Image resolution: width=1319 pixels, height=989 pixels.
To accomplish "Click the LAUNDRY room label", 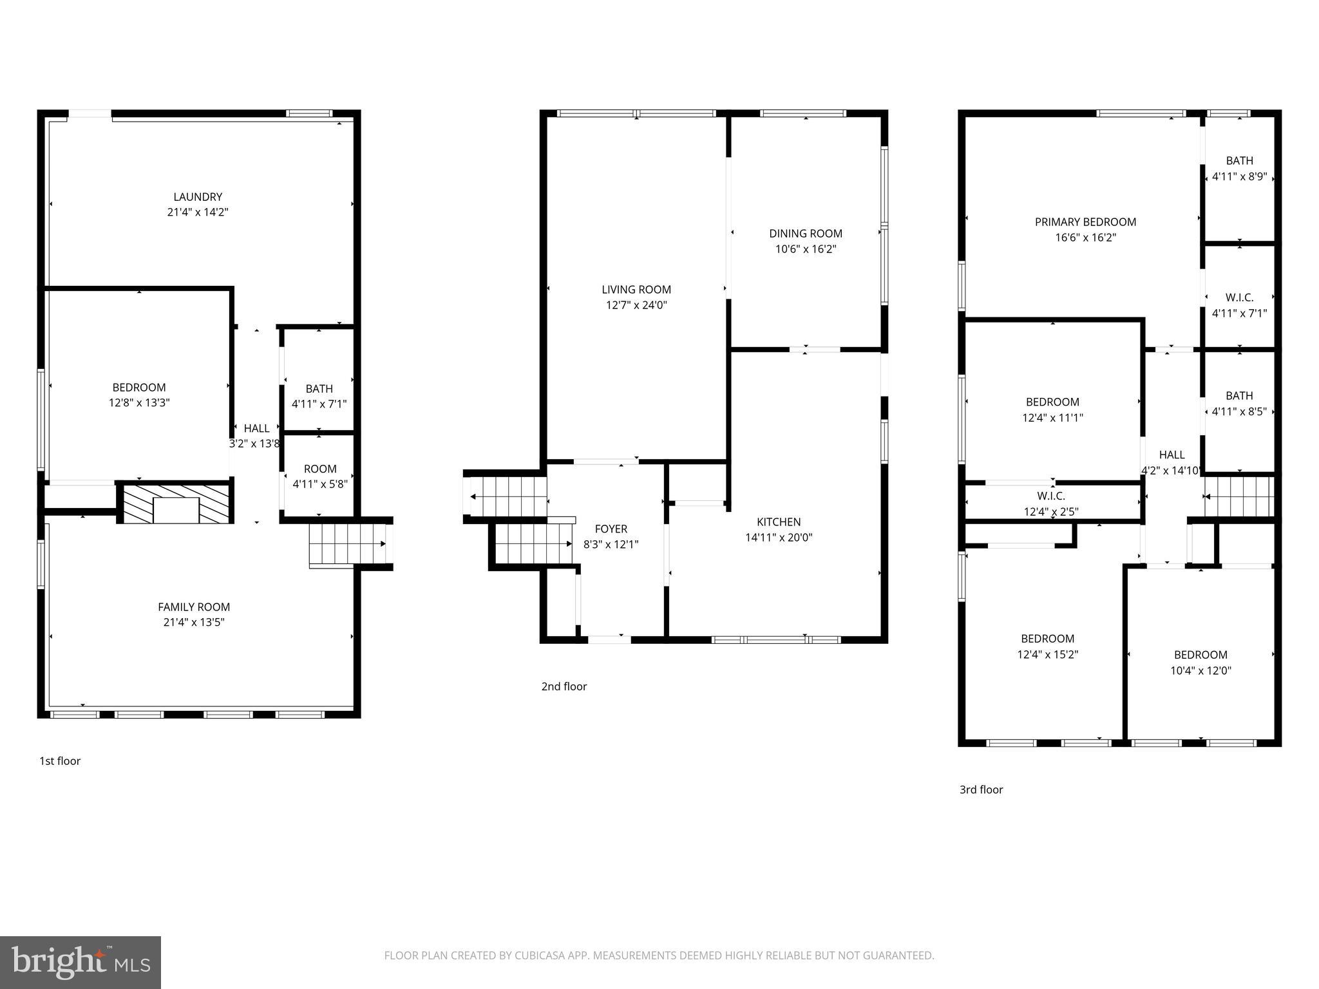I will click(198, 197).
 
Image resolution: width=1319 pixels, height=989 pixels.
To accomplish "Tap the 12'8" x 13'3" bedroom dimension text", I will click(139, 403).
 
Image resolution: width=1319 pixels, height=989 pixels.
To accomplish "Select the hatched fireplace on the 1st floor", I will click(175, 503).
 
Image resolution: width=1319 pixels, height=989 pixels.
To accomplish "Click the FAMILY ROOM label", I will click(194, 607).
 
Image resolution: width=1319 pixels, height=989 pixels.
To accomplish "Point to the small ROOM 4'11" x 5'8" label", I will click(319, 469).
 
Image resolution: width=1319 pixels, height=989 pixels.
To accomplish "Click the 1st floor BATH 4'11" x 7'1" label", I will click(319, 389).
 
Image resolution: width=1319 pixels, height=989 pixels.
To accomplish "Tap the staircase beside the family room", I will click(348, 543).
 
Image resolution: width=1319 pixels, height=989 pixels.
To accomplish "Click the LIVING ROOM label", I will click(636, 290).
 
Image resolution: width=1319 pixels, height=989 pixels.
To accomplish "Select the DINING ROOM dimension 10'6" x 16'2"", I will click(805, 249).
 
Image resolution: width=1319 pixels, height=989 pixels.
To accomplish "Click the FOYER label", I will click(611, 529).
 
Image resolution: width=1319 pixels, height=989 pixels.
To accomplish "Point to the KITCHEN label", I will click(779, 522).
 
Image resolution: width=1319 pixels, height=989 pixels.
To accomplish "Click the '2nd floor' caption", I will click(564, 686).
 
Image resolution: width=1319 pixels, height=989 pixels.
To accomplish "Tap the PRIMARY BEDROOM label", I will click(1085, 222).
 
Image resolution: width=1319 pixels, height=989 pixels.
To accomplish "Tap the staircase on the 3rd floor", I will click(1240, 496).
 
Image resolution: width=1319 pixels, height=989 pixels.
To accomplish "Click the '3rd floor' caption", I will click(981, 789).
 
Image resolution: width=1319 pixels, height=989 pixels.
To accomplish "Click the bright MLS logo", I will click(81, 962).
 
